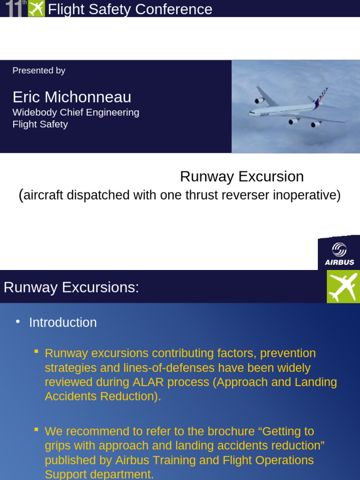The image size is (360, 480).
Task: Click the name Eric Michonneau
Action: pos(72,97)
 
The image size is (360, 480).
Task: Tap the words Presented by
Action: pos(38,71)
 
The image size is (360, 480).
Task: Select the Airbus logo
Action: pos(339,254)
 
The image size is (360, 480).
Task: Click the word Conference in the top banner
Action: pos(180,9)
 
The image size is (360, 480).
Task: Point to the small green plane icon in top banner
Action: pos(37,8)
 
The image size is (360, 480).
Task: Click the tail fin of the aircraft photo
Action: pos(322,96)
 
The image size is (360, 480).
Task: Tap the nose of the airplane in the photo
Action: pos(250,112)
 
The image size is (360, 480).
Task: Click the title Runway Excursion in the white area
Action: pos(242,177)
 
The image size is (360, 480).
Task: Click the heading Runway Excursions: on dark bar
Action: pos(71,287)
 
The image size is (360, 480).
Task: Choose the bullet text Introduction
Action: pos(63,322)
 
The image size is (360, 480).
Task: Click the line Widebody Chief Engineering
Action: pos(75,112)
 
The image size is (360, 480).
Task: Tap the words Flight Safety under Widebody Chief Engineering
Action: pos(40,124)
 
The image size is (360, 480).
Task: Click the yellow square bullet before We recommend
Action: pos(37,429)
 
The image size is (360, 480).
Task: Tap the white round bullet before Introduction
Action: pos(18,322)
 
